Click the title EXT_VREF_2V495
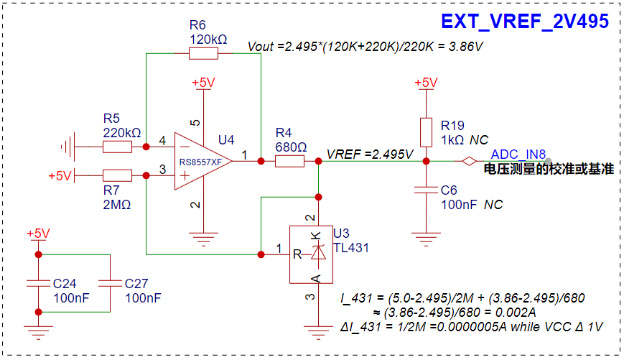point(525,21)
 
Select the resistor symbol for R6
point(203,53)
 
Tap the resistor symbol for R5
point(117,147)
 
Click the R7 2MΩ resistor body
point(117,175)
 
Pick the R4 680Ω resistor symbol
point(289,161)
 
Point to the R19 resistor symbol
point(427,133)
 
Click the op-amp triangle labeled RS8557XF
point(203,161)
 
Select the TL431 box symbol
point(311,254)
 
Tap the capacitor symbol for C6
point(427,190)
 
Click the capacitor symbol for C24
point(39,283)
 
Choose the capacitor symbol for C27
point(111,283)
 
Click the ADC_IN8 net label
point(518,154)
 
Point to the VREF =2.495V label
point(370,154)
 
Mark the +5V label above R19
point(426,83)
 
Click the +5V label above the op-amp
point(203,83)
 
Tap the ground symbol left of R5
point(68,147)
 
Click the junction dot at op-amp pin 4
point(146,147)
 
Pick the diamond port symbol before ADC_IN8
point(469,161)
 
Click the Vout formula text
point(365,47)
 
